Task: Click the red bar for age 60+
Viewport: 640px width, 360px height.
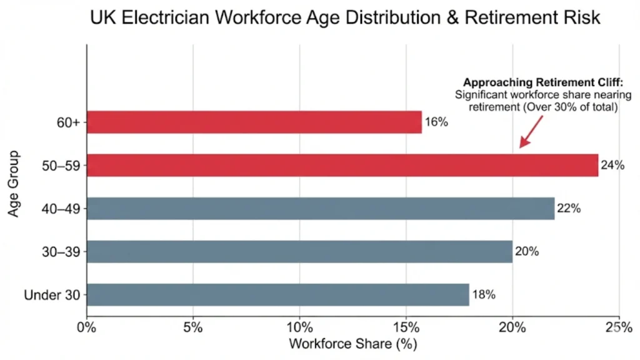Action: click(254, 122)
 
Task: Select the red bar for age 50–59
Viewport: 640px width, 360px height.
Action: click(342, 165)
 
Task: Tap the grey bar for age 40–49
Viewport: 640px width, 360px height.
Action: click(321, 209)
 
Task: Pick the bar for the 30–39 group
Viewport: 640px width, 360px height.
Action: click(299, 252)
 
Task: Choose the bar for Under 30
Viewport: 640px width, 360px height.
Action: click(278, 295)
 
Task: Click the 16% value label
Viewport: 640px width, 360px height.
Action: click(436, 122)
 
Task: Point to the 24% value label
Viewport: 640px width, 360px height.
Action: click(612, 166)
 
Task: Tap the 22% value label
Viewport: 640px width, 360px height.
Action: click(569, 209)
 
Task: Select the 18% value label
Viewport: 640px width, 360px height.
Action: click(483, 295)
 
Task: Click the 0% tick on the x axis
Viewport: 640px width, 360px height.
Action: click(87, 327)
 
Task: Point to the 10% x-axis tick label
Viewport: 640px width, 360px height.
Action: click(299, 327)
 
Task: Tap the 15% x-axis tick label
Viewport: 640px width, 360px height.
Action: click(406, 327)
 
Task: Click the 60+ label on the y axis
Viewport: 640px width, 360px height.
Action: click(69, 122)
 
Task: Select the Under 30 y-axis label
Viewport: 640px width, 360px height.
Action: click(52, 295)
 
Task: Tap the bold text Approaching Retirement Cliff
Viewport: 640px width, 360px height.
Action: click(542, 82)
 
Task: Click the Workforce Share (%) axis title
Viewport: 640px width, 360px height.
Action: click(352, 344)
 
